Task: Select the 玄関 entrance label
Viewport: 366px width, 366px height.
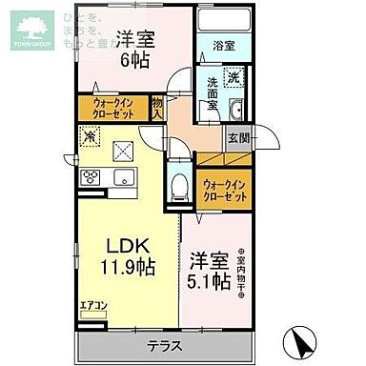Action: coord(238,137)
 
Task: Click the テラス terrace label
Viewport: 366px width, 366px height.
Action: coord(166,346)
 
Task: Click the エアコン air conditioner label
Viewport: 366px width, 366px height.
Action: coord(93,306)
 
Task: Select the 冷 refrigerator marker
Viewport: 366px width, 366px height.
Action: coord(89,138)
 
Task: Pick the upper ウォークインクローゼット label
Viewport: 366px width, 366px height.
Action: coord(119,107)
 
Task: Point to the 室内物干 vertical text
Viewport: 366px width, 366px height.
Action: coord(240,269)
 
